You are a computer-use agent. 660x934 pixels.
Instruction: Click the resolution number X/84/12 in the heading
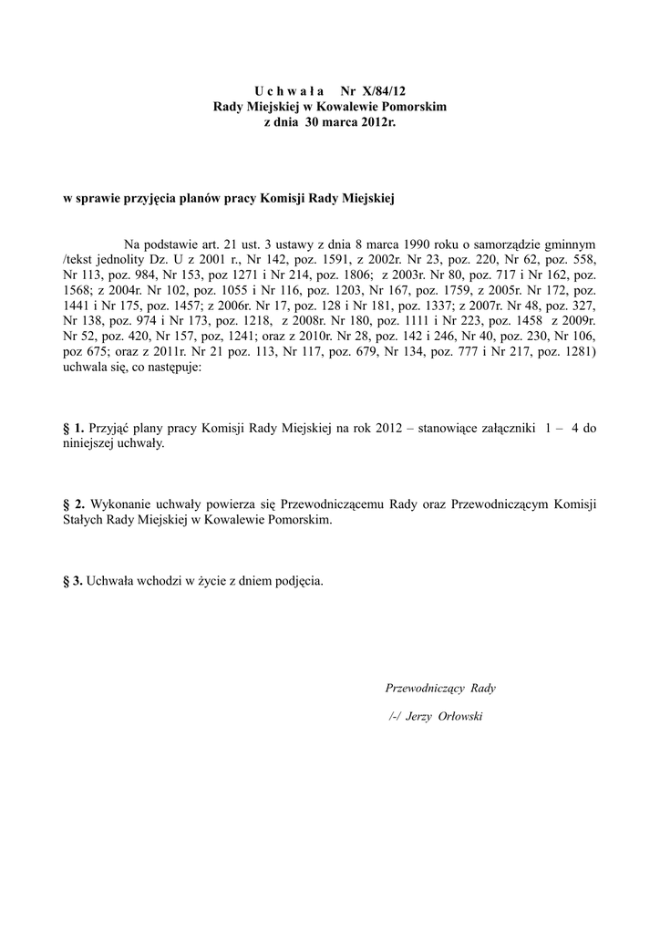[382, 92]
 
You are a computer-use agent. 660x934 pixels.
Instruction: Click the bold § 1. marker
[73, 427]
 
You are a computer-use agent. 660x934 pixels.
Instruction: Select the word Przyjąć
[109, 427]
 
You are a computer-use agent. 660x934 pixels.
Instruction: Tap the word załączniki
[496, 427]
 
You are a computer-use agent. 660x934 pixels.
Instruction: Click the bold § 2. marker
[73, 503]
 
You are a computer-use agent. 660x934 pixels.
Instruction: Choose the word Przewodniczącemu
[332, 503]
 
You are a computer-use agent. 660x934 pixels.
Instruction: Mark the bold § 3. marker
[73, 580]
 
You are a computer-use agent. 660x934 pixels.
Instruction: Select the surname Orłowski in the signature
[460, 716]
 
